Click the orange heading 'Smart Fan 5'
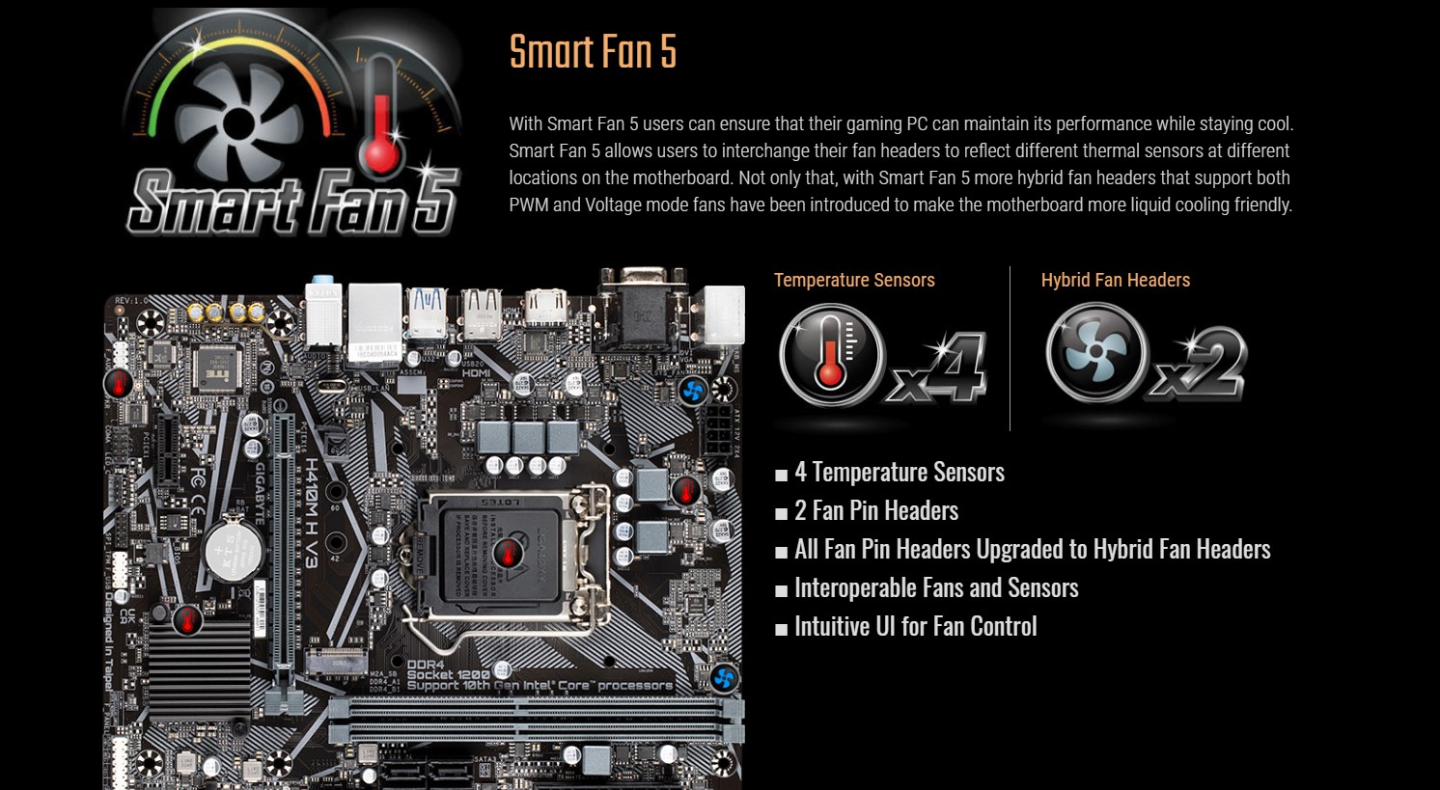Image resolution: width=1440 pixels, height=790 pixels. pyautogui.click(x=593, y=52)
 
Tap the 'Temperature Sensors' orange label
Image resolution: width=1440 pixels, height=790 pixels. pyautogui.click(x=854, y=281)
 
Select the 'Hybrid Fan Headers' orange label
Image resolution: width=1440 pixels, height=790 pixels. pyautogui.click(x=1115, y=281)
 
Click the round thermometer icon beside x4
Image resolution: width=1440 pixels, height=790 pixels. pyautogui.click(x=832, y=355)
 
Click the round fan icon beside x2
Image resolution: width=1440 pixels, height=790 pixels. pyautogui.click(x=1096, y=353)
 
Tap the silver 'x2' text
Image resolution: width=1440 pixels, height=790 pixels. pyautogui.click(x=1199, y=367)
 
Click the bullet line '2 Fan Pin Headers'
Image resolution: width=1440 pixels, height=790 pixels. pyautogui.click(x=875, y=511)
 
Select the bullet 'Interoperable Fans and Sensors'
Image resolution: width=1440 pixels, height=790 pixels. pyautogui.click(x=935, y=588)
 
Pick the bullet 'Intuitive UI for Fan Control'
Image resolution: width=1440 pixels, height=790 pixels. pyautogui.click(x=915, y=627)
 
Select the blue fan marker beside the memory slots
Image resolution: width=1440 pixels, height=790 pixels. pyautogui.click(x=724, y=678)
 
